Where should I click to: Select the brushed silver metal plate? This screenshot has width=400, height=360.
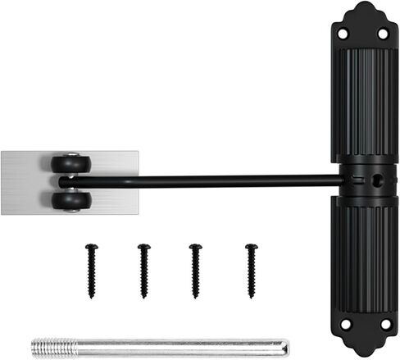click(25, 182)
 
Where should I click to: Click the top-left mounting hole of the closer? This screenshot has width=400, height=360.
click(343, 34)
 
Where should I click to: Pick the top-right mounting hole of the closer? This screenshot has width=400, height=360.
click(382, 34)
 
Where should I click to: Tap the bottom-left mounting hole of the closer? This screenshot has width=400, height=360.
click(345, 325)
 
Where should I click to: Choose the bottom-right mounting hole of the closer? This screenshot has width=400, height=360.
click(383, 325)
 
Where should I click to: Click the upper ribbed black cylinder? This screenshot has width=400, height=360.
click(364, 103)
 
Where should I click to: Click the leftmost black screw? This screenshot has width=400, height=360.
click(92, 270)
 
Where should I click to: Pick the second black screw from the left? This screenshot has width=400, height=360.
click(143, 270)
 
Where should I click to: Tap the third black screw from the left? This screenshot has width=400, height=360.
click(195, 270)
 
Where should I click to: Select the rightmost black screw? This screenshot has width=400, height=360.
click(251, 270)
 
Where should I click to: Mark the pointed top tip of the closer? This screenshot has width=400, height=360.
click(364, 4)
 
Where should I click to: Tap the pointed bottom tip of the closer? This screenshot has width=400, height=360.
click(364, 355)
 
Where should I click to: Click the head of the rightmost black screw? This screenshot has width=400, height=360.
click(251, 247)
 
